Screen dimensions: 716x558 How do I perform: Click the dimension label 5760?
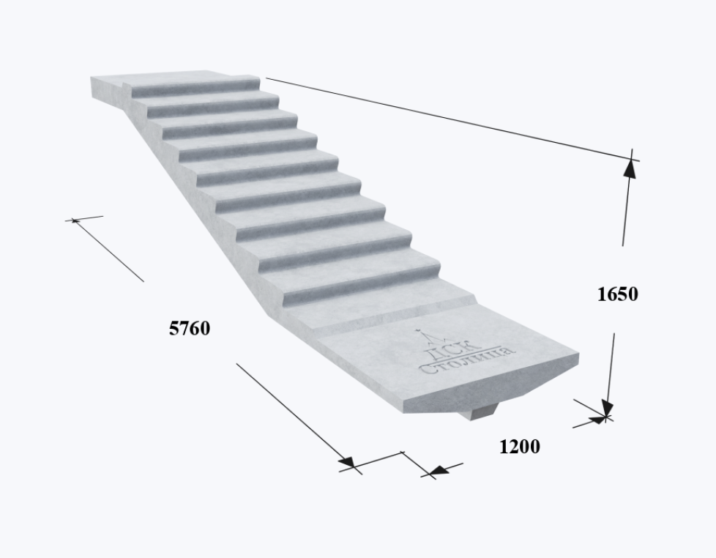tap(190, 328)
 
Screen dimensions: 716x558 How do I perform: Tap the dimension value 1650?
tap(617, 294)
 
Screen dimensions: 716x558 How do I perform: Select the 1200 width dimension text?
tap(520, 447)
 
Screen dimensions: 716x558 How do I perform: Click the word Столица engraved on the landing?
tap(468, 361)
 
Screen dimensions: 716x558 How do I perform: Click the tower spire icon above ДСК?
tap(427, 338)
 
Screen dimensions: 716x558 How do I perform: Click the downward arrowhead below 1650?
tap(608, 407)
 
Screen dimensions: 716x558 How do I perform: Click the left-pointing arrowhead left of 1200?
tap(438, 470)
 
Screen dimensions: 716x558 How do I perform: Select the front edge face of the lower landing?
tap(491, 383)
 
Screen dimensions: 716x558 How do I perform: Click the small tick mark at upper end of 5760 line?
tap(75, 220)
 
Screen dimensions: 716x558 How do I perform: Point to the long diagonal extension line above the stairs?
tap(452, 119)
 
